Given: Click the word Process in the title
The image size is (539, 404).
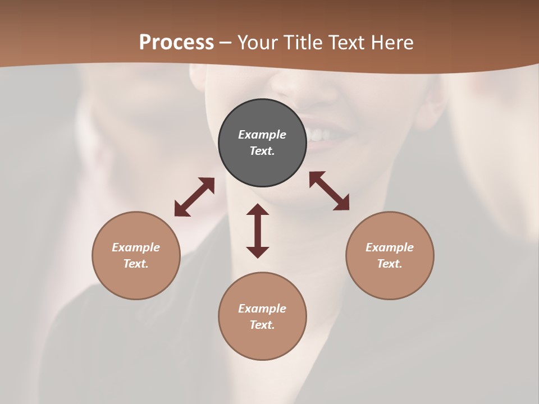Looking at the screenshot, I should (176, 43).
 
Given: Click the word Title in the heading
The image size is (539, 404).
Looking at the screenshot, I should (305, 43).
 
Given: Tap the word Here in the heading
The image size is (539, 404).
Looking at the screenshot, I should (392, 43).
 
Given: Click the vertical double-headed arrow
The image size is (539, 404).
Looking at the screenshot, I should (258, 231).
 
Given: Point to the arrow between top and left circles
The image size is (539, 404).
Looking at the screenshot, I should (194, 197).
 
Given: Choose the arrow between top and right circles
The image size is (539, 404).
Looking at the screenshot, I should (329, 191).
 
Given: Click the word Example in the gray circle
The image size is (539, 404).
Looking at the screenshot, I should (262, 135).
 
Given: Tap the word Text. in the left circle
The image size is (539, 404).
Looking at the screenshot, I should (136, 264).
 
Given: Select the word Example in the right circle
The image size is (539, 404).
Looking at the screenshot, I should (390, 247).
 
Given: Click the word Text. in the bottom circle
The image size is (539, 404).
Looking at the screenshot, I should (262, 325).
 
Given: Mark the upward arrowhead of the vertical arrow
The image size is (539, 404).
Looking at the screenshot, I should (258, 210).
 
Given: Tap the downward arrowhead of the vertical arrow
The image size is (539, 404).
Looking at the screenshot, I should (258, 252).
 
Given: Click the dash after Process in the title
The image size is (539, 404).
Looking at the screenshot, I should (226, 43).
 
